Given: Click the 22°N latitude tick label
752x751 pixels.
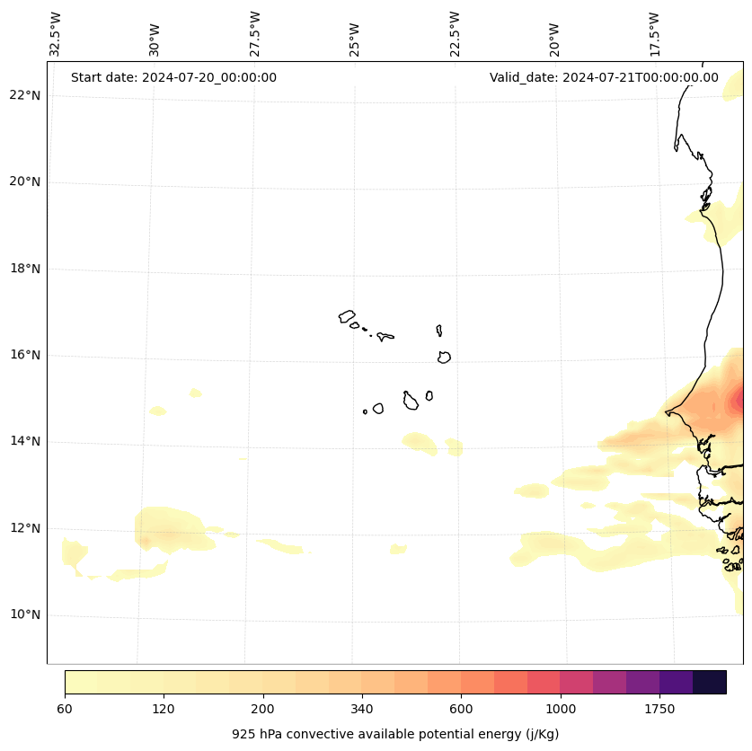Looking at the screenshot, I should coord(26,95).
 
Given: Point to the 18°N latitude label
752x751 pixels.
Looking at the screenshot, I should coord(26,269).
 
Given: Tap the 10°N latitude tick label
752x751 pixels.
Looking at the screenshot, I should coord(26,614).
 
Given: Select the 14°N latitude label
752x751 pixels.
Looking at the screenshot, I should coord(26,441).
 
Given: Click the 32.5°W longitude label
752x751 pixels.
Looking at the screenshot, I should coord(56,34).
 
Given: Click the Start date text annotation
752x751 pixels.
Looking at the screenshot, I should coord(173,77).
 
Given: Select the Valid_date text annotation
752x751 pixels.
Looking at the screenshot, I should coord(604,77).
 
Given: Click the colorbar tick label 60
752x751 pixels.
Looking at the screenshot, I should coord(65,709).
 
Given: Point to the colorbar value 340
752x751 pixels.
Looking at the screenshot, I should coord(362,709).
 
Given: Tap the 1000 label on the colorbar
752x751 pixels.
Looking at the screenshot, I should coord(561,709).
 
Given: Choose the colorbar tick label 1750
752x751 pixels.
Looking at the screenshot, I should coord(659,709).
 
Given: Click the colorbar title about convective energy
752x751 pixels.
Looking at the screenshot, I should coord(395,734).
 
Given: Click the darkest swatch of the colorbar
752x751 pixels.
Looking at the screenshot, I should coord(710,682).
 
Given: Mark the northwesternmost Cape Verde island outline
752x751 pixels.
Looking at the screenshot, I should coord(347,316).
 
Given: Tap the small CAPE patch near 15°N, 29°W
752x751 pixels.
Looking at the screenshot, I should coord(195,393).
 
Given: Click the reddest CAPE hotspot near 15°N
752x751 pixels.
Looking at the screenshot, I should coord(739,398).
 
